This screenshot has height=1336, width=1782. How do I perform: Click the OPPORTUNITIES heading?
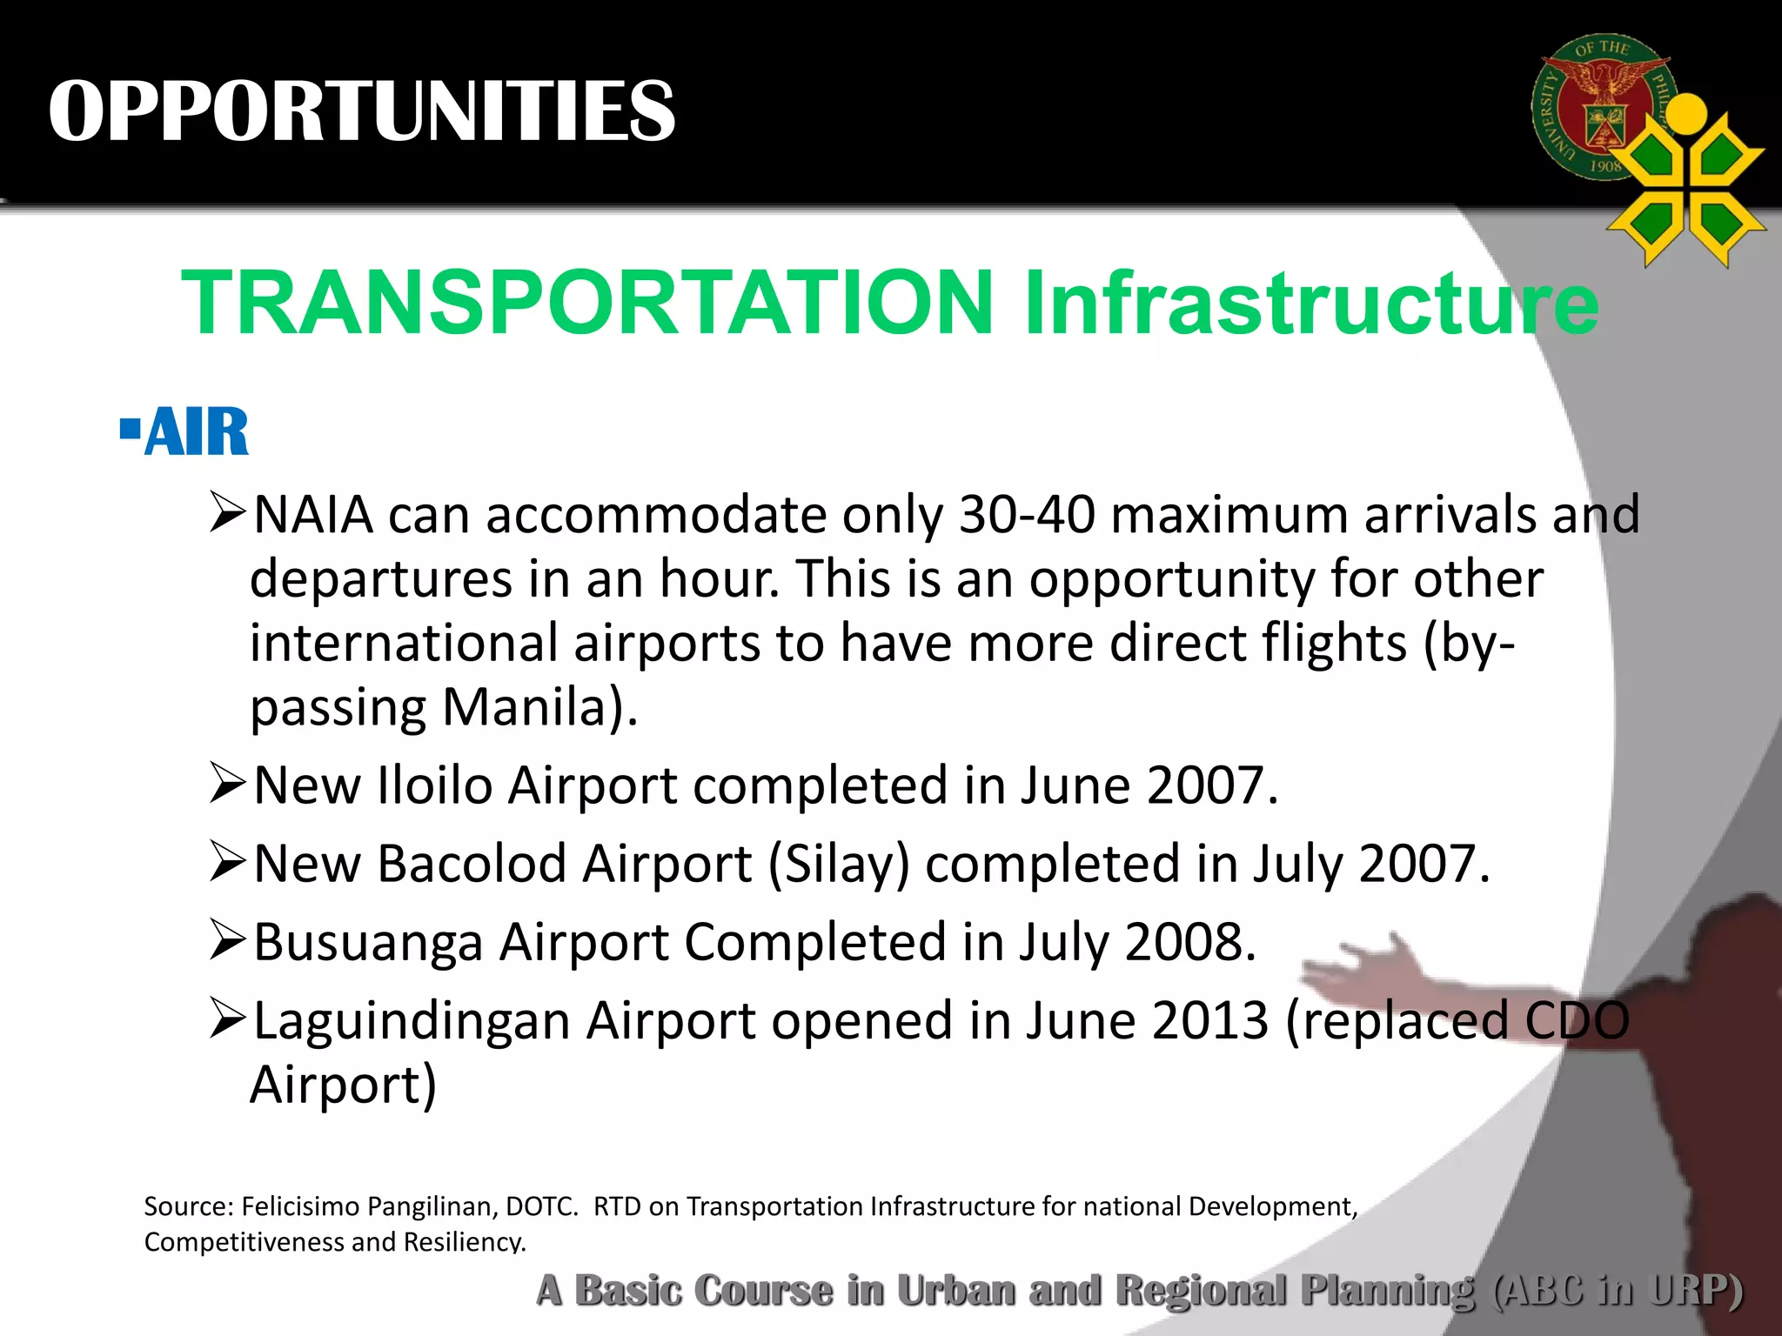(362, 110)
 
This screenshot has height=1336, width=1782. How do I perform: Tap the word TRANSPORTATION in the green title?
(587, 302)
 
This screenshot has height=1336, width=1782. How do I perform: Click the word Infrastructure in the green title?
(1311, 302)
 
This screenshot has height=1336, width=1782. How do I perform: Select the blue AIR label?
(198, 432)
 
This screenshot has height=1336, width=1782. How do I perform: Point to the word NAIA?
(313, 515)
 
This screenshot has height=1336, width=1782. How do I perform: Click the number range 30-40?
(1027, 515)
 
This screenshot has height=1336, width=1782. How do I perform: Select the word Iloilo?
(435, 785)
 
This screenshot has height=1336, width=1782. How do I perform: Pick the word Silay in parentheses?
(839, 864)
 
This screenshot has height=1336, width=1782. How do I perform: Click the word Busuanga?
(368, 942)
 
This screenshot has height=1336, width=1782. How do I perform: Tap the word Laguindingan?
(412, 1020)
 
